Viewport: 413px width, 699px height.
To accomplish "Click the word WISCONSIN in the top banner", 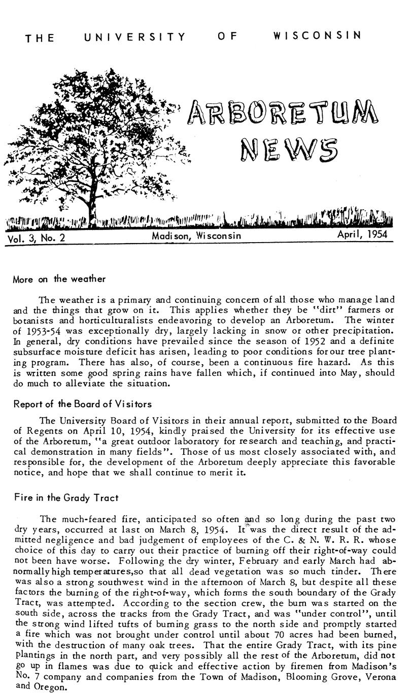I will (x=317, y=36).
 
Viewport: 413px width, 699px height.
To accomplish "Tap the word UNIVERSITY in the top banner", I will (x=135, y=37).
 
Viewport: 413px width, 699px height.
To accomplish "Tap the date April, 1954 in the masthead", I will (x=362, y=234).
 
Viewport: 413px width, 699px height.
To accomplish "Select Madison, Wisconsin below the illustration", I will (x=196, y=236).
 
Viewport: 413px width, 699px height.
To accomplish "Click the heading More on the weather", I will (x=59, y=279).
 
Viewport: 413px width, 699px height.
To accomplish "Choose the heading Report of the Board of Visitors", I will (x=82, y=404).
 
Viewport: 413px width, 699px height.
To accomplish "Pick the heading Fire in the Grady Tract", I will (x=65, y=497).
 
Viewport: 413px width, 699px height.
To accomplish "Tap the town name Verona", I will (x=374, y=678).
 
